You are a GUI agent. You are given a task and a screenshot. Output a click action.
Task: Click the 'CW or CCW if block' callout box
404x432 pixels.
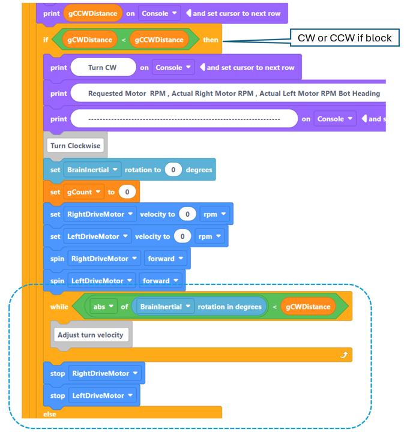[345, 38]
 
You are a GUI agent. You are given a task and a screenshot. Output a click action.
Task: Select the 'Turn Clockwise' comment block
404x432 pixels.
[76, 145]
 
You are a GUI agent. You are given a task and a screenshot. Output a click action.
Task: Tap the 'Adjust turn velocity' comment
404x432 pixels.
[90, 335]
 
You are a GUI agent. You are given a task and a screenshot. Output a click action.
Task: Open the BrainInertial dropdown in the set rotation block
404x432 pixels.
[93, 170]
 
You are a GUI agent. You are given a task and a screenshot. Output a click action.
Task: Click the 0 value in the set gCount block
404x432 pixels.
[127, 192]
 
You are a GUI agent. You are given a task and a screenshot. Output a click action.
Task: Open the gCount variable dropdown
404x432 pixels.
[83, 192]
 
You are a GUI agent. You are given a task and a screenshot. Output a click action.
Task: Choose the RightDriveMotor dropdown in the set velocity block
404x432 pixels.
[100, 214]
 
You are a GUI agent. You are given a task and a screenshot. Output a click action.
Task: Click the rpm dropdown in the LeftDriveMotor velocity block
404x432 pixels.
[209, 236]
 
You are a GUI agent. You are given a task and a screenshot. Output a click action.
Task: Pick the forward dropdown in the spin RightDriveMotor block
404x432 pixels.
[166, 259]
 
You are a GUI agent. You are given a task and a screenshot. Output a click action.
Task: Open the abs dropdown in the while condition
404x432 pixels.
[104, 307]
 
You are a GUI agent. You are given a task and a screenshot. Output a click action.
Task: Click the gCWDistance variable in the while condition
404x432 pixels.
[308, 307]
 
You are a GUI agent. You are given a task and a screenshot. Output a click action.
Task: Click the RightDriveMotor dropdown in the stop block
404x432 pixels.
[106, 374]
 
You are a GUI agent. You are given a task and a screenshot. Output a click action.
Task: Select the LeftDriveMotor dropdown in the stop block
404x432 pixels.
[103, 396]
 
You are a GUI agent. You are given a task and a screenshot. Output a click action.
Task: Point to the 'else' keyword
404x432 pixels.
[50, 414]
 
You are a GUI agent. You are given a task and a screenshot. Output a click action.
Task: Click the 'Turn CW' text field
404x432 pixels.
[102, 68]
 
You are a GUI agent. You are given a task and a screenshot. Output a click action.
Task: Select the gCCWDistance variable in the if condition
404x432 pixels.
[159, 40]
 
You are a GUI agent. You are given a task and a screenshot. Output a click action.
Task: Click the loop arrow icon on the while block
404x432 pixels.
[344, 355]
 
